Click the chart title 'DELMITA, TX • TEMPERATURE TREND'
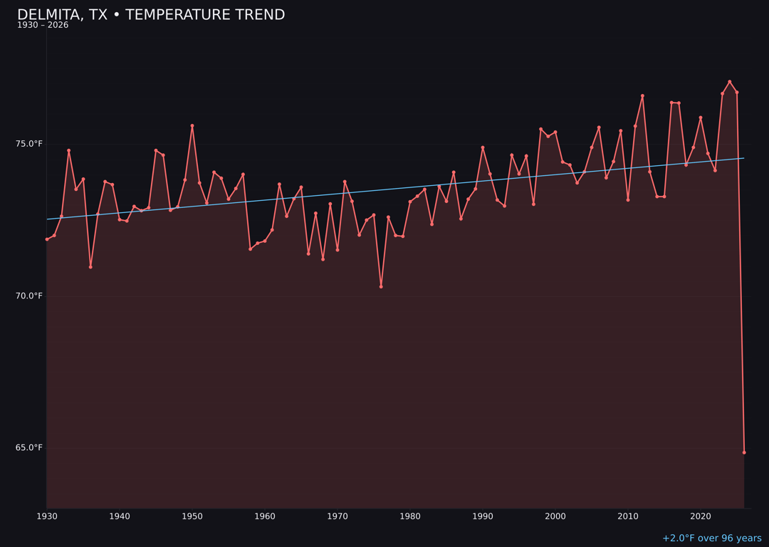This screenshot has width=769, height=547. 151,15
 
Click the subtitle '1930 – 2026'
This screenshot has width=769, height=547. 43,26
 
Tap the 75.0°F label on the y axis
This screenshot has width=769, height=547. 29,144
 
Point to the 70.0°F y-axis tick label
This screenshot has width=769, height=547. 29,296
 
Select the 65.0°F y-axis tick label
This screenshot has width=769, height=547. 29,447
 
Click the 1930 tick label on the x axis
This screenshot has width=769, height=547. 47,516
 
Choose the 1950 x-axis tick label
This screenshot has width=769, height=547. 192,516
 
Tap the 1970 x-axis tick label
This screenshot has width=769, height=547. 338,516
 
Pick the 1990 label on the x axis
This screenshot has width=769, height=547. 483,516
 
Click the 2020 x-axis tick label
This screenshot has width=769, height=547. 701,516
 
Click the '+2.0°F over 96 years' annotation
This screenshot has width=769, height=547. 711,538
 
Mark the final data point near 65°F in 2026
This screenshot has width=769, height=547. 744,452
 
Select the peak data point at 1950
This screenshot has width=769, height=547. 192,126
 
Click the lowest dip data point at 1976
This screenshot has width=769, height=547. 381,286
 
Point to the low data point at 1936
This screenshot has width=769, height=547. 90,267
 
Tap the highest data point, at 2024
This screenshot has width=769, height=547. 730,82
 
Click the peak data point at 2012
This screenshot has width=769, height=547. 642,96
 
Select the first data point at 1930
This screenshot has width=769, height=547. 47,239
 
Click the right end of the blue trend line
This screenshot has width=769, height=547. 744,158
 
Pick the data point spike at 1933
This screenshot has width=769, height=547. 69,150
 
